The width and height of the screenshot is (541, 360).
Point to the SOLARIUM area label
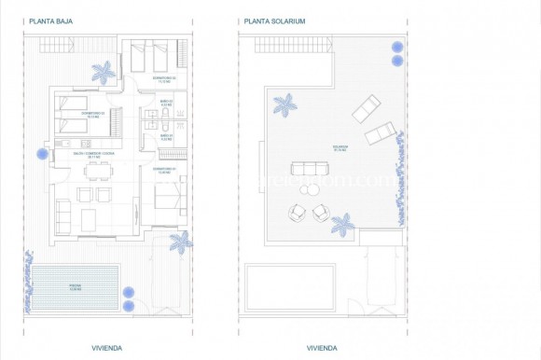340,146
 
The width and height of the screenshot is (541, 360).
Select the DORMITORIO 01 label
167,171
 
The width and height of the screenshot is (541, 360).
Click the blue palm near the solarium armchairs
343,223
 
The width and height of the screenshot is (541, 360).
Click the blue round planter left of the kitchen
41,154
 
